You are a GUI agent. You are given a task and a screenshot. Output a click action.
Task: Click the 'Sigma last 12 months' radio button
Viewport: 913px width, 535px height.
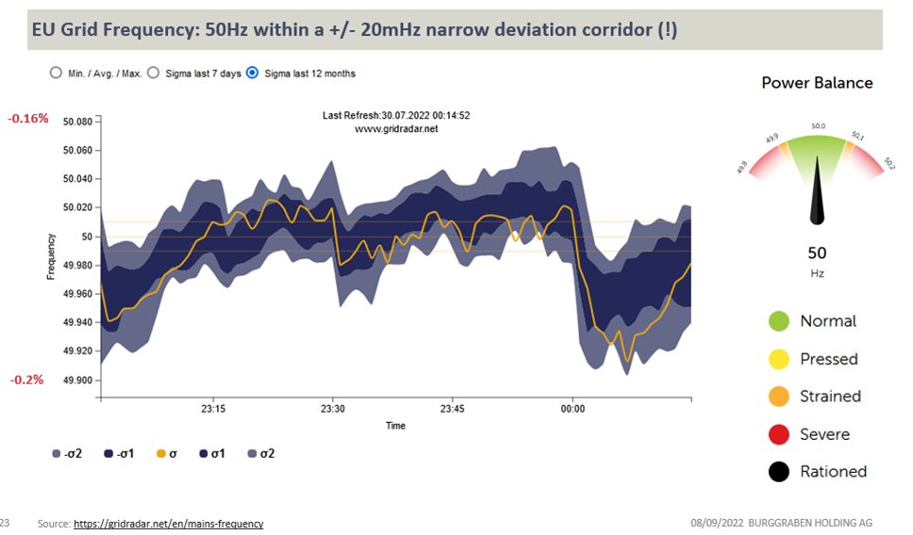pyautogui.click(x=252, y=73)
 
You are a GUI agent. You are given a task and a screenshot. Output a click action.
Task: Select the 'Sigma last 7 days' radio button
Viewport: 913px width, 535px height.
pyautogui.click(x=153, y=73)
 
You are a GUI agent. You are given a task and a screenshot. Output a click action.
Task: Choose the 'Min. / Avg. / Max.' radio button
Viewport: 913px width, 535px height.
pyautogui.click(x=55, y=73)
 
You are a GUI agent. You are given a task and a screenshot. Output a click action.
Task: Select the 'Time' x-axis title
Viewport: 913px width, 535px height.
pyautogui.click(x=396, y=426)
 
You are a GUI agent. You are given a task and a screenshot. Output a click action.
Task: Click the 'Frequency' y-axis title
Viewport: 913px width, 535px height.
pyautogui.click(x=51, y=255)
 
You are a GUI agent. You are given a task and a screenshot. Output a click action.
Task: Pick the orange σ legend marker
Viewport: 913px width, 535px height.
pyautogui.click(x=160, y=454)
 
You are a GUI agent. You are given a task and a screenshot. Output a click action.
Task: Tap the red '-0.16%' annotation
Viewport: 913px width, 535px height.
pyautogui.click(x=28, y=120)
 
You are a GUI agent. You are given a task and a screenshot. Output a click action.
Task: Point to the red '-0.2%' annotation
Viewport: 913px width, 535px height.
pyautogui.click(x=26, y=380)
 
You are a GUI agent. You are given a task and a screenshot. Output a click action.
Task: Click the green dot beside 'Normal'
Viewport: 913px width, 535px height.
pyautogui.click(x=778, y=321)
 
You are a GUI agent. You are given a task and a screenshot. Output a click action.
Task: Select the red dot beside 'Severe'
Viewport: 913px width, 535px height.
pyautogui.click(x=778, y=434)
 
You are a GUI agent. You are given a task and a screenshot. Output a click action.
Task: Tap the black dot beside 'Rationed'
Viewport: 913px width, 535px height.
pyautogui.click(x=778, y=472)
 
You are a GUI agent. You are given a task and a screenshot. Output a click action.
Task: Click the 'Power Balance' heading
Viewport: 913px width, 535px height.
pyautogui.click(x=817, y=83)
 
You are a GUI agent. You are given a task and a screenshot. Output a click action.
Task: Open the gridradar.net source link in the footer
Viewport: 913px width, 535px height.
pyautogui.click(x=168, y=524)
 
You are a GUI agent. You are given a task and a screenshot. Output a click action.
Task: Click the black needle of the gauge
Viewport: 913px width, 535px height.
pyautogui.click(x=817, y=203)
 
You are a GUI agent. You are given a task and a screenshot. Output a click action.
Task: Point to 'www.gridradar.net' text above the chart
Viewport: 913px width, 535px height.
pyautogui.click(x=396, y=129)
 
